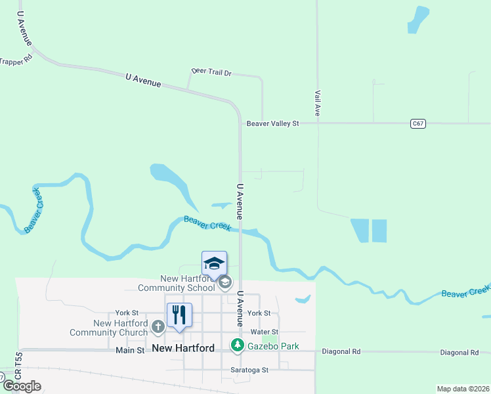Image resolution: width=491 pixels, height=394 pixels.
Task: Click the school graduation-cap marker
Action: click(x=215, y=263)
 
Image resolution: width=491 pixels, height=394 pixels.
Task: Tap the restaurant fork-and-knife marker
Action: click(x=179, y=315)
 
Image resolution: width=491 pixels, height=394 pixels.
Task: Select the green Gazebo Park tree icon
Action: click(x=237, y=345)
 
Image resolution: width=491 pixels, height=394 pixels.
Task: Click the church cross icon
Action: click(x=158, y=326)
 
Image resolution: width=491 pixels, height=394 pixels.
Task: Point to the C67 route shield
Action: click(x=417, y=123)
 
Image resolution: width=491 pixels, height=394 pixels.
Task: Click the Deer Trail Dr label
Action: click(x=211, y=71)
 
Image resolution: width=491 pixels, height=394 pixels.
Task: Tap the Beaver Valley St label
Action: click(x=272, y=123)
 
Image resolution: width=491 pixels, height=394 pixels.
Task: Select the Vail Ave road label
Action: click(x=317, y=103)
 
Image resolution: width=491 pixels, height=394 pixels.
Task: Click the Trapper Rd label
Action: click(x=16, y=61)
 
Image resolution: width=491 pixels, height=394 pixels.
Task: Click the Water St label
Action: click(x=264, y=332)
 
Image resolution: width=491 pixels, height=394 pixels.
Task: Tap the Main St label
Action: click(x=130, y=351)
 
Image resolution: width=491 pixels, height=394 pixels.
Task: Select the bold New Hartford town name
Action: click(x=183, y=348)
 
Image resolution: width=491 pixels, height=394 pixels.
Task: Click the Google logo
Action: click(x=22, y=385)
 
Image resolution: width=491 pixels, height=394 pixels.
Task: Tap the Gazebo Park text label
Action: click(x=273, y=345)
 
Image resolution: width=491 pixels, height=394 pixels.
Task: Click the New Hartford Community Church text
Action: click(x=121, y=328)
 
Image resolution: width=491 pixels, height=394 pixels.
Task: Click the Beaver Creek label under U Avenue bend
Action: click(x=207, y=223)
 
